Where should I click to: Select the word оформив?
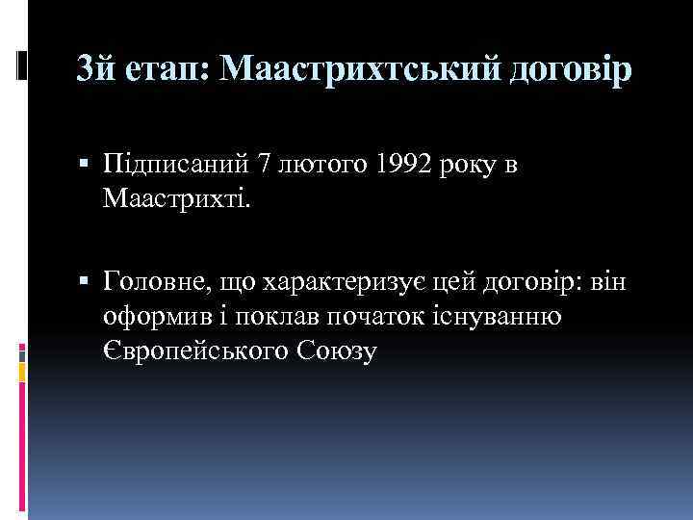[x=151, y=317]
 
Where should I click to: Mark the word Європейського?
[x=192, y=351]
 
